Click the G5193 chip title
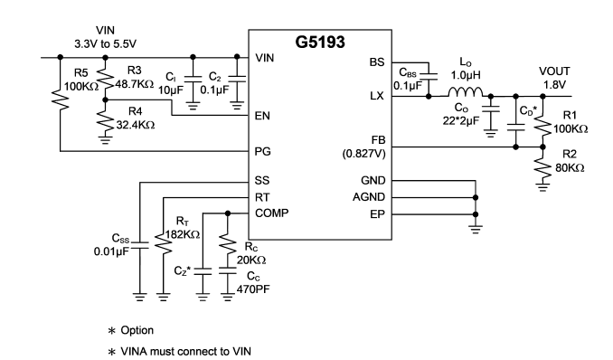pyautogui.click(x=320, y=42)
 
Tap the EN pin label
pyautogui.click(x=262, y=116)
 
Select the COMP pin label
pyautogui.click(x=272, y=213)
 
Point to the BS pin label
pyautogui.click(x=377, y=62)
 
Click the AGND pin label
pyautogui.click(x=369, y=197)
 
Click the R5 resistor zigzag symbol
pyautogui.click(x=61, y=99)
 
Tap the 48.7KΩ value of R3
pyautogui.click(x=135, y=84)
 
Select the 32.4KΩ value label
pyautogui.click(x=136, y=125)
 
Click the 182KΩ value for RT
pyautogui.click(x=183, y=235)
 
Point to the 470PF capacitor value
pyautogui.click(x=253, y=289)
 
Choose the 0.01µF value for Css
pyautogui.click(x=111, y=251)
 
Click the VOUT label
pyautogui.click(x=554, y=71)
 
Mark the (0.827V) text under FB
pyautogui.click(x=364, y=154)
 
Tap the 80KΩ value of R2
pyautogui.click(x=570, y=168)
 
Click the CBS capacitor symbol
pyautogui.click(x=429, y=75)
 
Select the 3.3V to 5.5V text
pyautogui.click(x=105, y=43)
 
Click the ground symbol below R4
pyautogui.click(x=105, y=139)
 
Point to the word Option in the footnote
pyautogui.click(x=137, y=331)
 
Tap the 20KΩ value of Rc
pyautogui.click(x=251, y=261)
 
